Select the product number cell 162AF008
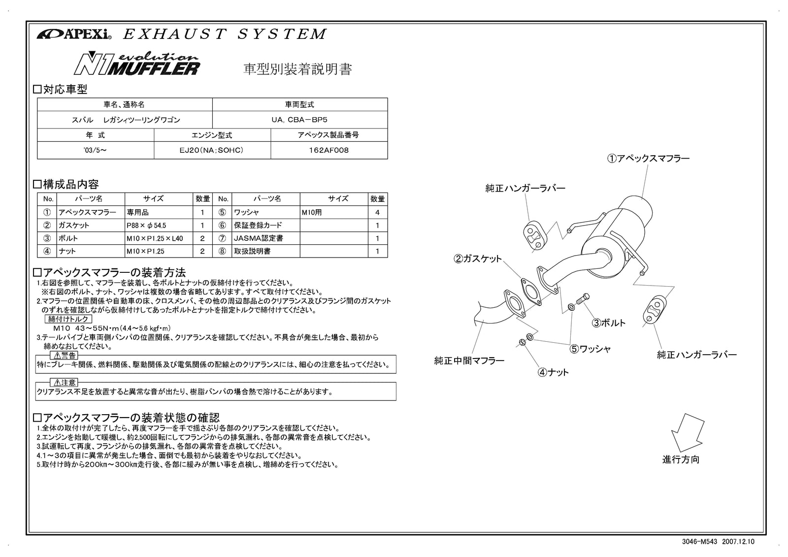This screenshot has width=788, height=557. click(x=328, y=150)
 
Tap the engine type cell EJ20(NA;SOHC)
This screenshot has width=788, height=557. click(x=212, y=150)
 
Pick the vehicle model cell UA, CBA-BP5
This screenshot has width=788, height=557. click(x=299, y=120)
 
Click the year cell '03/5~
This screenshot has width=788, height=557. click(x=96, y=150)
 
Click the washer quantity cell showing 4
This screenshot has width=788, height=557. click(x=378, y=212)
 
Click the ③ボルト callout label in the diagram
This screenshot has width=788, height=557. click(x=609, y=323)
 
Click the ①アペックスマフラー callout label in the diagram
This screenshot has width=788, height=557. click(x=648, y=159)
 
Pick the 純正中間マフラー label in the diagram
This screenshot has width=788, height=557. click(x=469, y=361)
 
